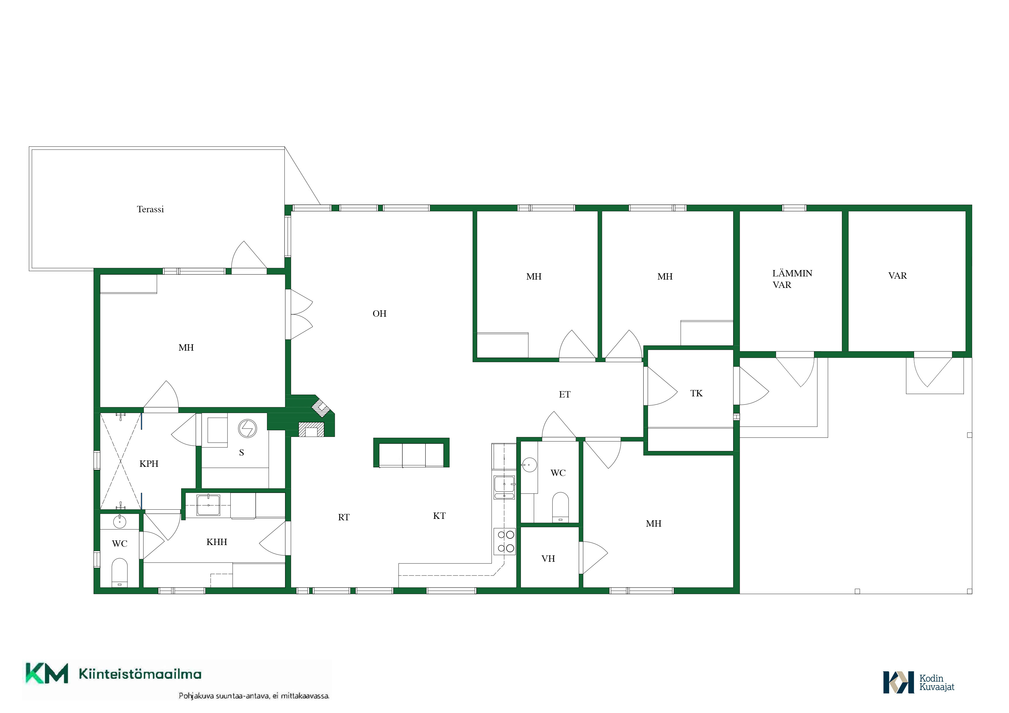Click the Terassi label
point(150,210)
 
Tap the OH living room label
point(380,314)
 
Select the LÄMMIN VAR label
point(792,279)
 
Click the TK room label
point(697,393)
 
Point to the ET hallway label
point(565,395)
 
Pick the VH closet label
point(549,559)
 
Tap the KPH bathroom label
point(149,464)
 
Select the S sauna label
point(241,452)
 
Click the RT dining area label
point(344,517)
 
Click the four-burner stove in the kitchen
point(504,541)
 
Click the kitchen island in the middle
point(411,452)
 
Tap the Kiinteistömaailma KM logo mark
point(47,674)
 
